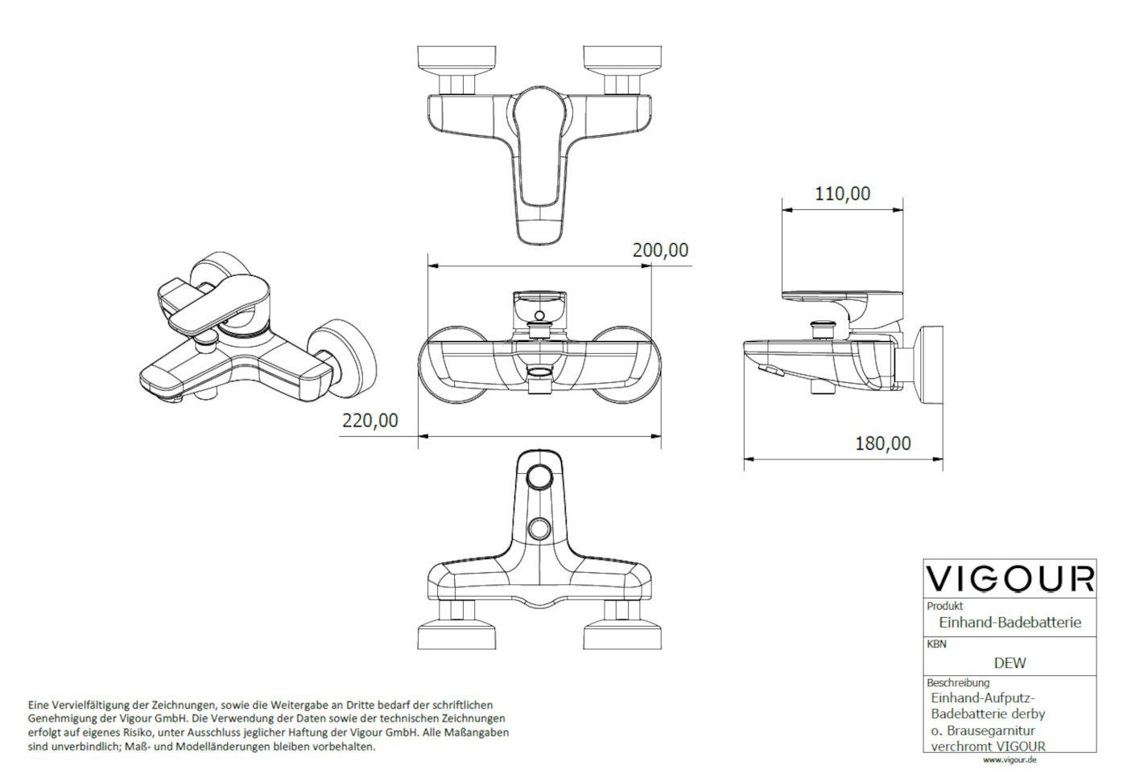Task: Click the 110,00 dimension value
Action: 842,194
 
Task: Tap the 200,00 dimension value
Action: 660,250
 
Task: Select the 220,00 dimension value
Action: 370,420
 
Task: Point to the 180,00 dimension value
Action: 883,443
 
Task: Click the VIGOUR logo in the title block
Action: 1009,578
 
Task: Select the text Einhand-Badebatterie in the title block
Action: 1009,622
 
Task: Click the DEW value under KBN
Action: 1009,663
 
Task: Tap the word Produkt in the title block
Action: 945,606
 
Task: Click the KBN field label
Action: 937,644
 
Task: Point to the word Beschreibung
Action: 958,682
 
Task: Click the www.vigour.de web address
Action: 1009,760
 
